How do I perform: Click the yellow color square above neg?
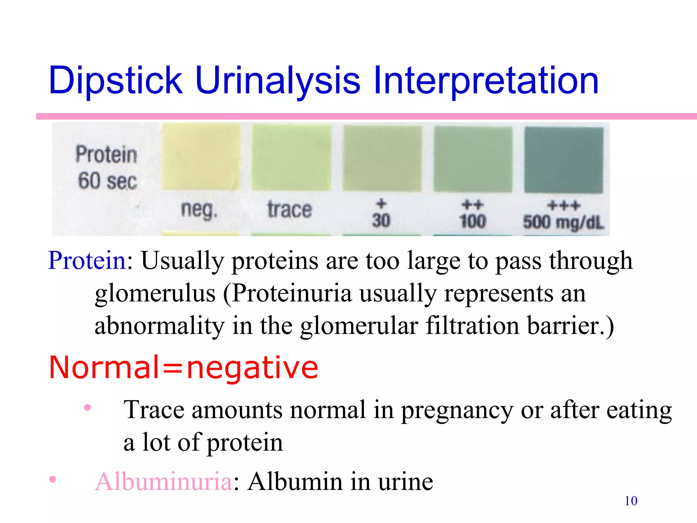tap(201, 157)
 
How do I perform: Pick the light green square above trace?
tap(291, 157)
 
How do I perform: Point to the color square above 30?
tap(382, 158)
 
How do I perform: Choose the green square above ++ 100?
tap(473, 159)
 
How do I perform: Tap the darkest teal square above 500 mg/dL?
tap(564, 160)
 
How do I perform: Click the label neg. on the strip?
tap(199, 210)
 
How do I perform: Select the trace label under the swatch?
tap(289, 210)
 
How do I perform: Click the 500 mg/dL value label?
tap(564, 222)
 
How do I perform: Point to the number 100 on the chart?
tap(472, 221)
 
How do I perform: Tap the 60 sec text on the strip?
tap(107, 181)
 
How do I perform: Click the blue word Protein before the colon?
tap(87, 260)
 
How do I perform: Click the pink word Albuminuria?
tap(163, 481)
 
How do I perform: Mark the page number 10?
tap(631, 501)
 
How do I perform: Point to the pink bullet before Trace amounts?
tap(87, 407)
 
